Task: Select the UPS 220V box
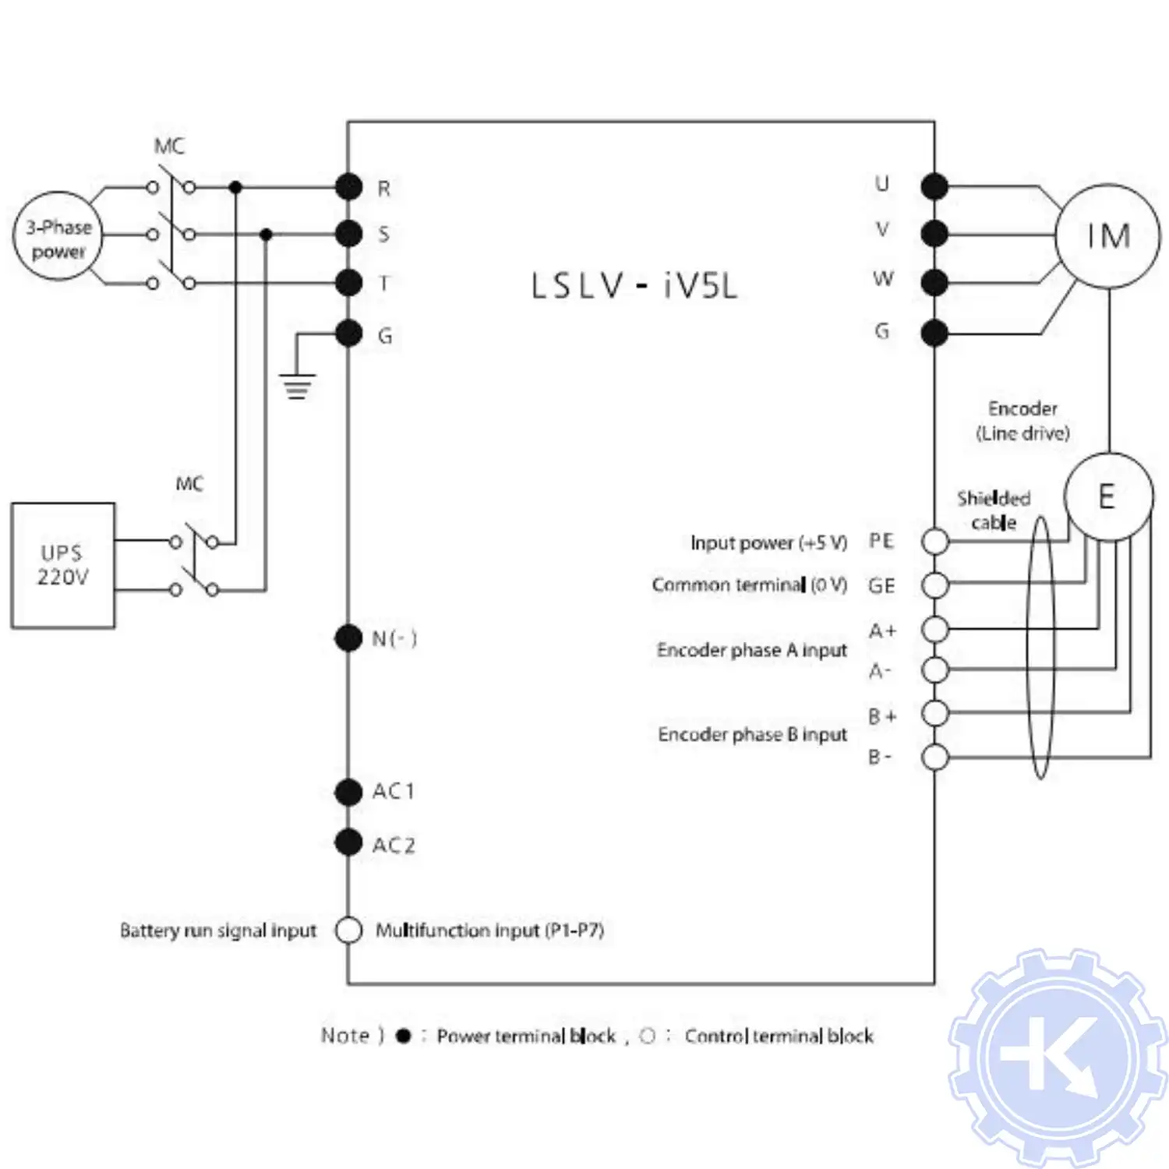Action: [x=63, y=565]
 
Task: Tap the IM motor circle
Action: [x=1107, y=236]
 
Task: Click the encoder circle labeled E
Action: [x=1107, y=497]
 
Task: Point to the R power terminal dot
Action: [x=349, y=187]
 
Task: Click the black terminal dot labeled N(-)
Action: [x=348, y=638]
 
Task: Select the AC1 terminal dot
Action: [x=348, y=792]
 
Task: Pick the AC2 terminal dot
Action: [x=348, y=842]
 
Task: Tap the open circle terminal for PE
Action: [x=934, y=541]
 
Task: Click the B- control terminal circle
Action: [x=934, y=757]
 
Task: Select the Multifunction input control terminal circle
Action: [x=348, y=930]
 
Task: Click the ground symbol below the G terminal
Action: [x=297, y=386]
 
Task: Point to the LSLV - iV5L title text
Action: [x=634, y=286]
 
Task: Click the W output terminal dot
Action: [x=934, y=282]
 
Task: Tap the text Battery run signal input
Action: [x=218, y=931]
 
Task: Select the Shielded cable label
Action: [x=994, y=510]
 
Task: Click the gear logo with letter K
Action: [x=1057, y=1057]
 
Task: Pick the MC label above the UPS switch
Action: [x=189, y=484]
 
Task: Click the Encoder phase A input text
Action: [x=751, y=650]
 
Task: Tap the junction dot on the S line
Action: [x=266, y=234]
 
